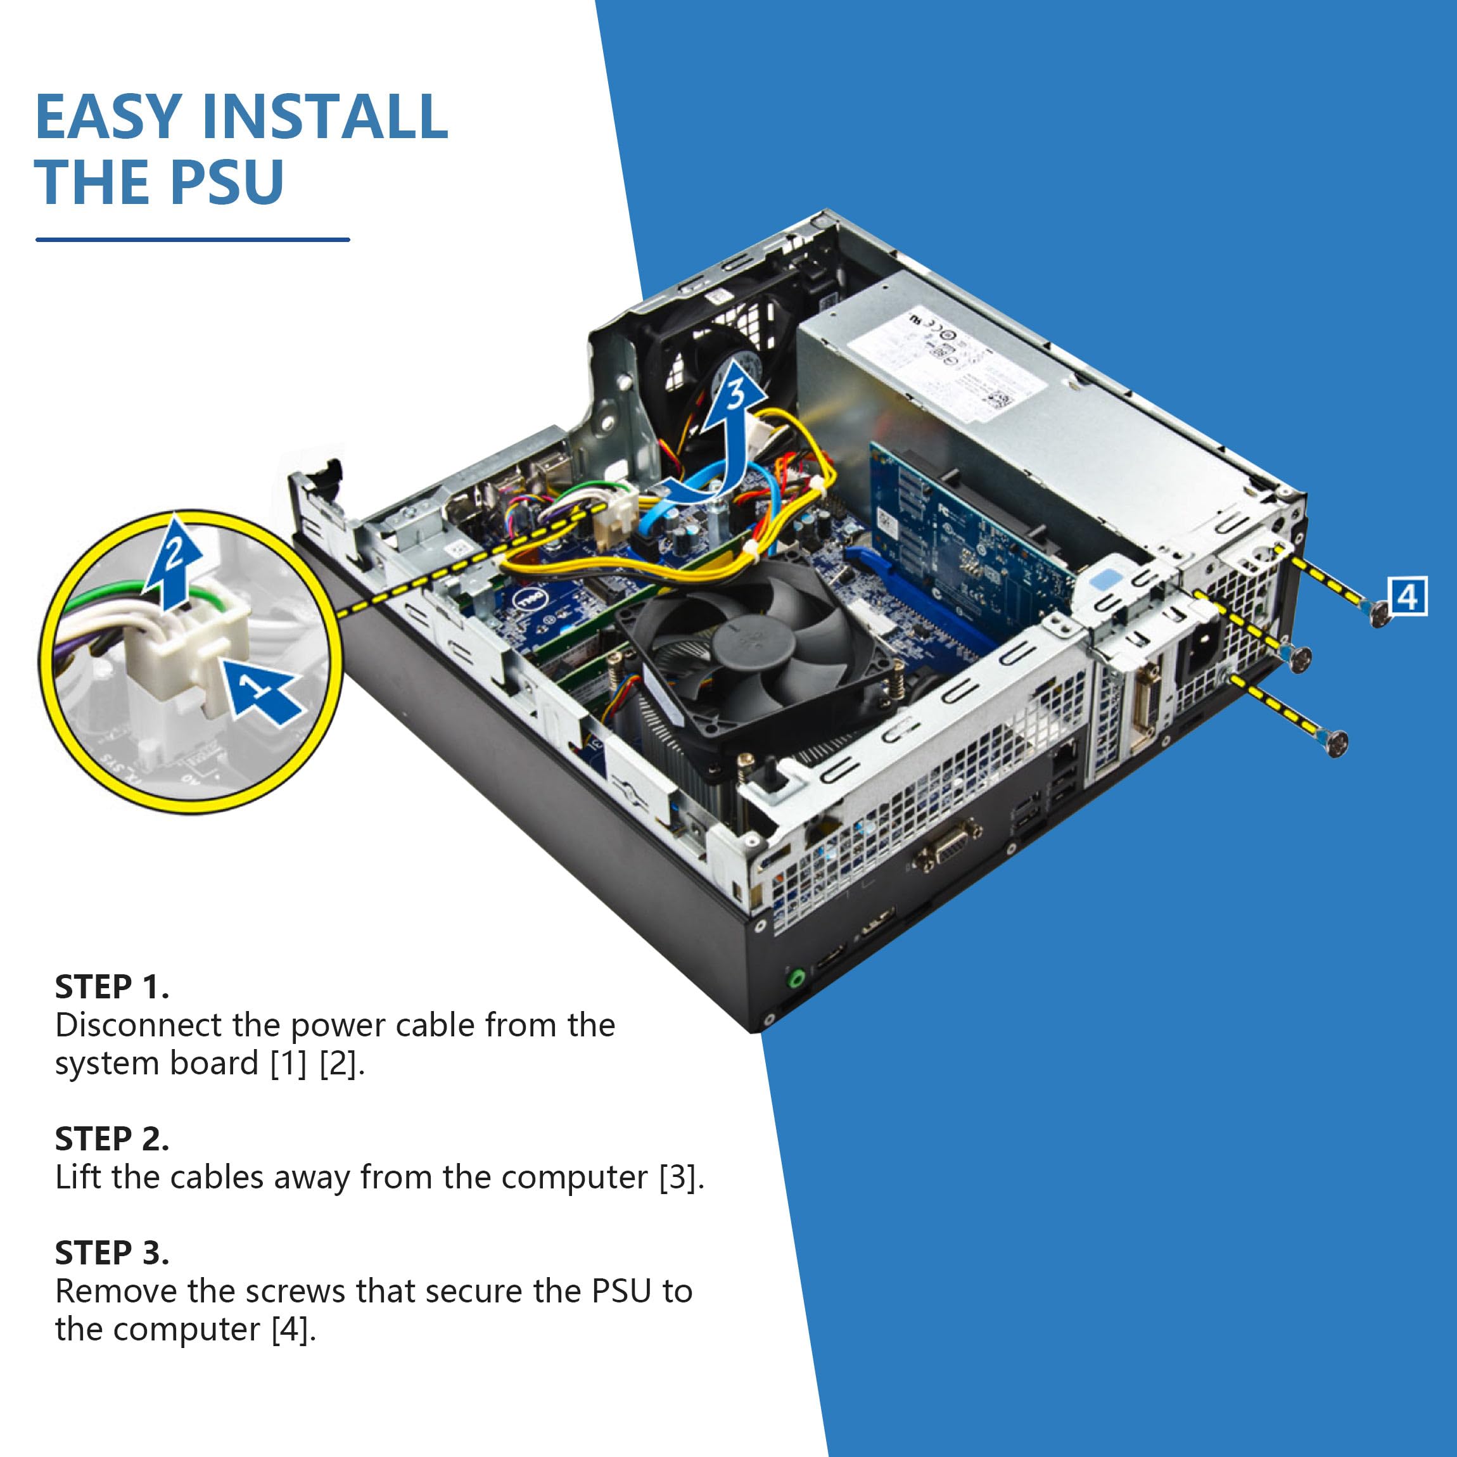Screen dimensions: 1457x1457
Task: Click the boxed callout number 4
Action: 1407,597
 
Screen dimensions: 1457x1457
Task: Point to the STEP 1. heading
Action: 111,987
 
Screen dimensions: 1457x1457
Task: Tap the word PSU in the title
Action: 226,182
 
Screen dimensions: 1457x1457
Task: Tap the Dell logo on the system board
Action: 530,601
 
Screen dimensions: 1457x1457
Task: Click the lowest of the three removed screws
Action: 1335,744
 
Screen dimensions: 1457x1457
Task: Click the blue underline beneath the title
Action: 193,240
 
